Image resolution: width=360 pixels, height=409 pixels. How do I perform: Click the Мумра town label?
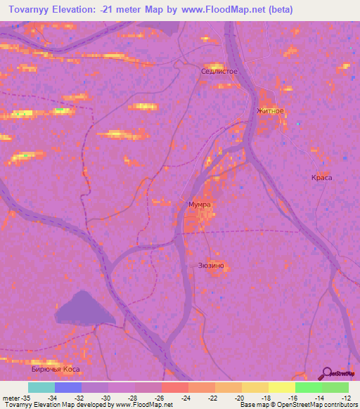coord(200,204)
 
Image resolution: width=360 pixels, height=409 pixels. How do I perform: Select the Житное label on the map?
coord(270,111)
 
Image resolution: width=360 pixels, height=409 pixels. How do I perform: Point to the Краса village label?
coord(321,178)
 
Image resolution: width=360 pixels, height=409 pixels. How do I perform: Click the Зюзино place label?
coord(211,265)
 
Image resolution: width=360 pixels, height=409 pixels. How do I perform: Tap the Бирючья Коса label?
coord(56,368)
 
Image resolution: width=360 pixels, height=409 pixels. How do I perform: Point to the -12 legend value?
coord(348,397)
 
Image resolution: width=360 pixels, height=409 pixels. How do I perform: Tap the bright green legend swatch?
coord(308,387)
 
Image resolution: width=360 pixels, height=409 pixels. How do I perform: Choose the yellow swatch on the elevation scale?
coord(281,387)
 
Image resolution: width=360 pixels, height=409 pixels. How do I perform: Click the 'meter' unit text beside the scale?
coord(12,397)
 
